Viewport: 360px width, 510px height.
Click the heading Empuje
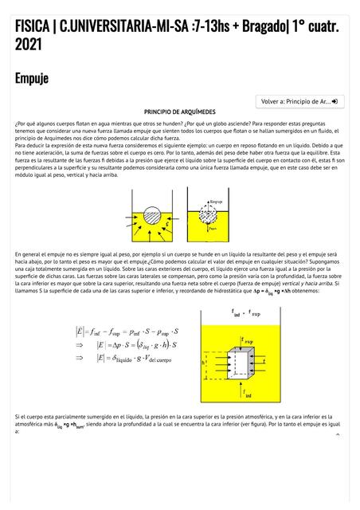click(x=31, y=78)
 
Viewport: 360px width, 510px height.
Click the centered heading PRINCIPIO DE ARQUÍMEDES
click(x=180, y=112)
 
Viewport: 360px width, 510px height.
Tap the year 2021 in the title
click(x=29, y=45)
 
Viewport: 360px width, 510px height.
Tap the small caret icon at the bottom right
click(x=338, y=434)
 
